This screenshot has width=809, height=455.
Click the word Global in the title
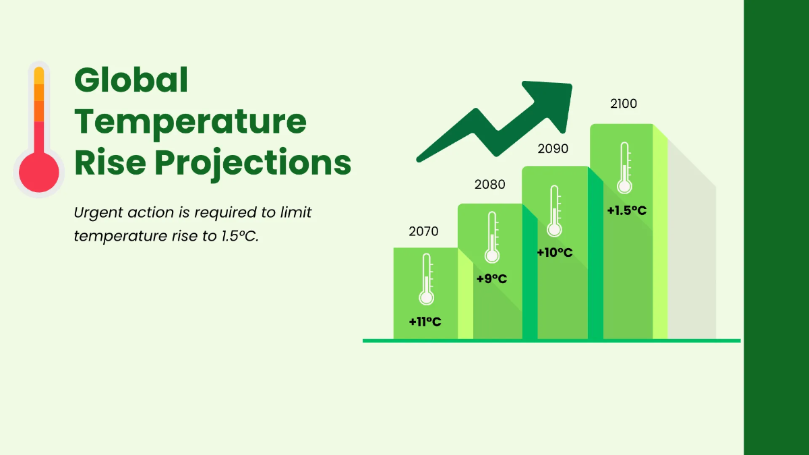coord(131,81)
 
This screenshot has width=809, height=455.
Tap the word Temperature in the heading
coord(190,122)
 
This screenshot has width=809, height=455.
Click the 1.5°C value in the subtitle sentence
coord(239,237)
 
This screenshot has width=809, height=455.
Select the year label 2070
coord(423,232)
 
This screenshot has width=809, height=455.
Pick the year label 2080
coord(489,185)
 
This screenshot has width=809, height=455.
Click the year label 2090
coord(553,149)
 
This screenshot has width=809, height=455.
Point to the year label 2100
coord(623,104)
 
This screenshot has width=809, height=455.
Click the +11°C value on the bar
coord(425,322)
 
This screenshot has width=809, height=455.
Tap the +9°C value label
coord(491,278)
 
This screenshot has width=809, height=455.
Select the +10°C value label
coord(554,253)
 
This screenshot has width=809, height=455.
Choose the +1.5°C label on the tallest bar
coord(626,210)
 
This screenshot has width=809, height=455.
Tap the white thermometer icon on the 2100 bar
coord(624,168)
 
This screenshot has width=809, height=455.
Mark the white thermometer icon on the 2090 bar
coord(554,211)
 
